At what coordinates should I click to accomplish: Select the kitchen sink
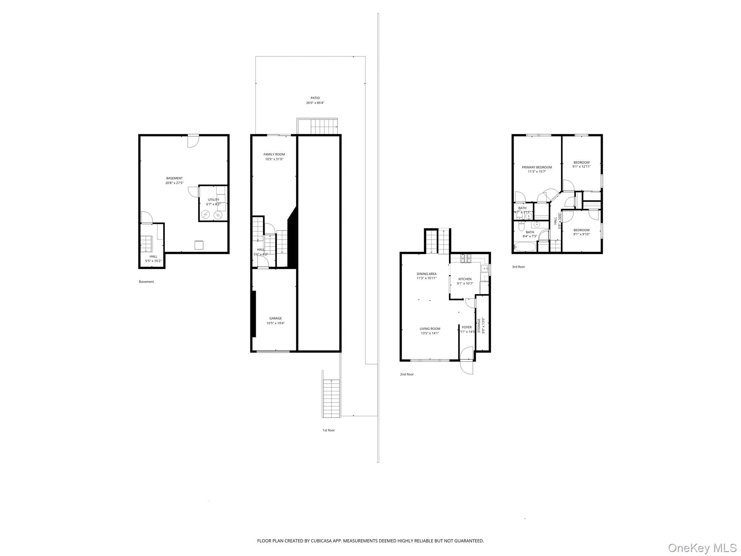coord(484,269)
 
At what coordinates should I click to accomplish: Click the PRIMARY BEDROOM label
coord(537,167)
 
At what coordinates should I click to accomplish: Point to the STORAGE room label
coord(479,325)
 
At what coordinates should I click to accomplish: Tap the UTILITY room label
coord(213,200)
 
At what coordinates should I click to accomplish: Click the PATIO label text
coord(315,98)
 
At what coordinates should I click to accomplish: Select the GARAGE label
coord(275,319)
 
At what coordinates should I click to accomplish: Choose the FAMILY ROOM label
coord(274,155)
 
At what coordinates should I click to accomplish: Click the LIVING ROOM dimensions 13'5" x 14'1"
coord(430,333)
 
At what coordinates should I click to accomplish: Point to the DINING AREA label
coord(427,274)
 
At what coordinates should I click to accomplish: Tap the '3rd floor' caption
coord(518,267)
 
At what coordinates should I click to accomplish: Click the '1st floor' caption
coord(329,430)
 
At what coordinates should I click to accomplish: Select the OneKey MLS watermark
coord(702,548)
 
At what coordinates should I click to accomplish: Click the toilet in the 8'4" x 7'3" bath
coord(521,227)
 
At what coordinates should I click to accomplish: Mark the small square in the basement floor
coord(199,245)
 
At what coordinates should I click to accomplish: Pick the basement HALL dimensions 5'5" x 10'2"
coord(153,261)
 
